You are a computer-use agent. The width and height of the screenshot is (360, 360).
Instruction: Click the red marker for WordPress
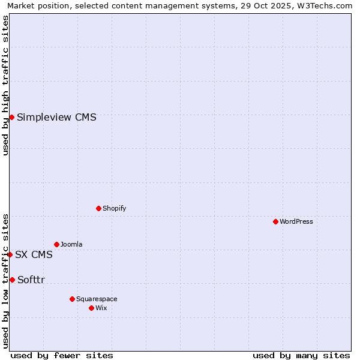tap(275, 221)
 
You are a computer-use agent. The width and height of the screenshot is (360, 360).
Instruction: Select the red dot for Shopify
tap(98, 208)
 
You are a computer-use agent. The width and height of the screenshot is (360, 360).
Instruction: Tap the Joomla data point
tap(56, 244)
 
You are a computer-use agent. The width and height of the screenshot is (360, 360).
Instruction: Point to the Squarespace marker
tap(72, 299)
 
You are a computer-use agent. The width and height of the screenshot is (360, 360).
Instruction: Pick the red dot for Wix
tap(91, 308)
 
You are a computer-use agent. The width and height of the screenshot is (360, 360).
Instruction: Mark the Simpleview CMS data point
tap(11, 117)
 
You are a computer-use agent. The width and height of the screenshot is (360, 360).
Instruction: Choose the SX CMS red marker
tap(10, 254)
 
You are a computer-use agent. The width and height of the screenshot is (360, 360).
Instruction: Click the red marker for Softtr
tap(12, 280)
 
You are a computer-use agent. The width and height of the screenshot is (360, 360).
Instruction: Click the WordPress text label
tap(296, 221)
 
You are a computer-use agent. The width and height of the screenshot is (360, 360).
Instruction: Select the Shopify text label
tap(115, 208)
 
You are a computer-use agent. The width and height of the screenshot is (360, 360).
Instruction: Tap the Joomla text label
tap(71, 244)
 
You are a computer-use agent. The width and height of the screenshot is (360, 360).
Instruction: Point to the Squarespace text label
tap(97, 299)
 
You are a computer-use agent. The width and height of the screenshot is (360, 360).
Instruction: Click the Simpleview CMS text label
tap(56, 117)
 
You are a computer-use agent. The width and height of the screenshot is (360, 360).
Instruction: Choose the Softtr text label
tap(31, 280)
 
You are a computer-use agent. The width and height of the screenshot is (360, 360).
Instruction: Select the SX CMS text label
tap(34, 254)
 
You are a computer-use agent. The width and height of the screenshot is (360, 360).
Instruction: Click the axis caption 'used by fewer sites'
tap(62, 355)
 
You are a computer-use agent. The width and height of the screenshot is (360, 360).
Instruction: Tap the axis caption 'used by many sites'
tap(301, 355)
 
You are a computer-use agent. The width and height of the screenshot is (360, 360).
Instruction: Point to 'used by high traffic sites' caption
tap(5, 85)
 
